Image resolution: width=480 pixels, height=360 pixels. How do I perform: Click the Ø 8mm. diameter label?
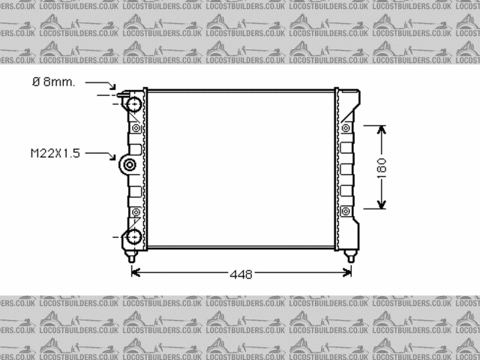(x=53, y=82)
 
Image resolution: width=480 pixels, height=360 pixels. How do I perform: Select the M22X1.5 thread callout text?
(x=55, y=153)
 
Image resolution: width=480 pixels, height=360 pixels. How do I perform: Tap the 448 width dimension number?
(x=241, y=274)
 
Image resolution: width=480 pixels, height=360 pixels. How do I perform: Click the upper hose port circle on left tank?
(x=134, y=104)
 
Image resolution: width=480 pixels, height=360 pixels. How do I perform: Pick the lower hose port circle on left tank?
(x=134, y=238)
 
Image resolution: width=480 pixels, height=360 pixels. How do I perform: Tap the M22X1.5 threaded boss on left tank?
(x=130, y=165)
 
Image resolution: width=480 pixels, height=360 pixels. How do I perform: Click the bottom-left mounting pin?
(x=132, y=256)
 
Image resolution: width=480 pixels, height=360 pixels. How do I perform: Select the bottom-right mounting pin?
(x=349, y=256)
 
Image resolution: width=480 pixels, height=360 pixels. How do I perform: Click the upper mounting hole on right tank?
(x=346, y=128)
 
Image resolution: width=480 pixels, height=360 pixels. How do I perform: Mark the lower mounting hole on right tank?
(x=346, y=212)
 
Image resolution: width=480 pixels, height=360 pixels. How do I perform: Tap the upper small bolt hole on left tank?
(x=136, y=128)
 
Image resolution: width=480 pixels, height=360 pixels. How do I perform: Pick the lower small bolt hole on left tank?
(x=136, y=212)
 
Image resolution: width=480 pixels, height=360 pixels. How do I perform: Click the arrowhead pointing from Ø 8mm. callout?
(x=115, y=88)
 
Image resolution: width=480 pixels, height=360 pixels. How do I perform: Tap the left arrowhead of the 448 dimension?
(x=136, y=273)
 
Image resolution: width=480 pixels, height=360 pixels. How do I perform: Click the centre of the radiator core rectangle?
(x=241, y=169)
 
